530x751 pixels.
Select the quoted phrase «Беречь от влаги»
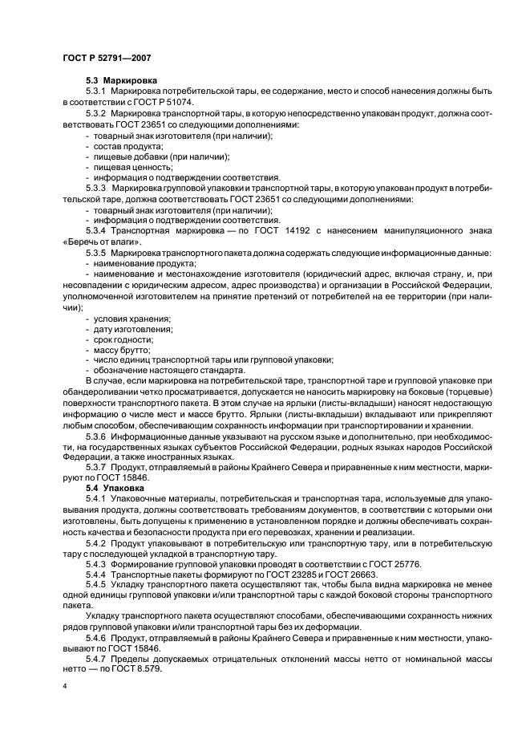coord(102,242)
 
